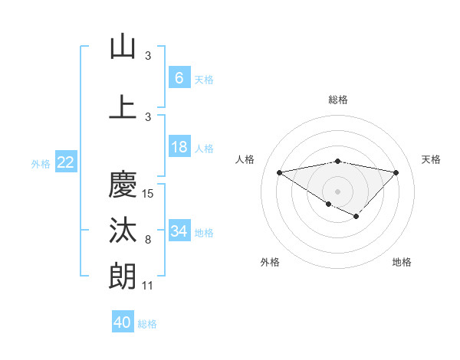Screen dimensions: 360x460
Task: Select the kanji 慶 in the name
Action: click(123, 184)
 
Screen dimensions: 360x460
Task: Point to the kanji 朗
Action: click(123, 276)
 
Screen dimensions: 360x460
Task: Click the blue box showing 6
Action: click(179, 78)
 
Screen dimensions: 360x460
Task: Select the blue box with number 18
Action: click(179, 147)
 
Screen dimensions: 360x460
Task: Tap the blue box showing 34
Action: click(179, 231)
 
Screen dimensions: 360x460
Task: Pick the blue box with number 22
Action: click(65, 162)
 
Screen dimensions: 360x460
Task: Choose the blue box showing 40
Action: click(123, 322)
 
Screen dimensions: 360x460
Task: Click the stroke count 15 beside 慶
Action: click(149, 194)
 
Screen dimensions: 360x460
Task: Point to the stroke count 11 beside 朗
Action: click(148, 286)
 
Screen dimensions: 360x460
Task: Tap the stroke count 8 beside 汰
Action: click(148, 241)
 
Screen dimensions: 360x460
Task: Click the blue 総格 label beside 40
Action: click(147, 324)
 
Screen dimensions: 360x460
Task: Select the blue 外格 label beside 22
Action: click(41, 164)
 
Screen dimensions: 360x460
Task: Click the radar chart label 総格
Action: click(338, 100)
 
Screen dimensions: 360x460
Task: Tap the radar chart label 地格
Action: click(402, 263)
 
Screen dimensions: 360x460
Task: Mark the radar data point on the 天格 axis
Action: click(396, 172)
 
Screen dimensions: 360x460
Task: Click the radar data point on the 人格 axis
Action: click(279, 172)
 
